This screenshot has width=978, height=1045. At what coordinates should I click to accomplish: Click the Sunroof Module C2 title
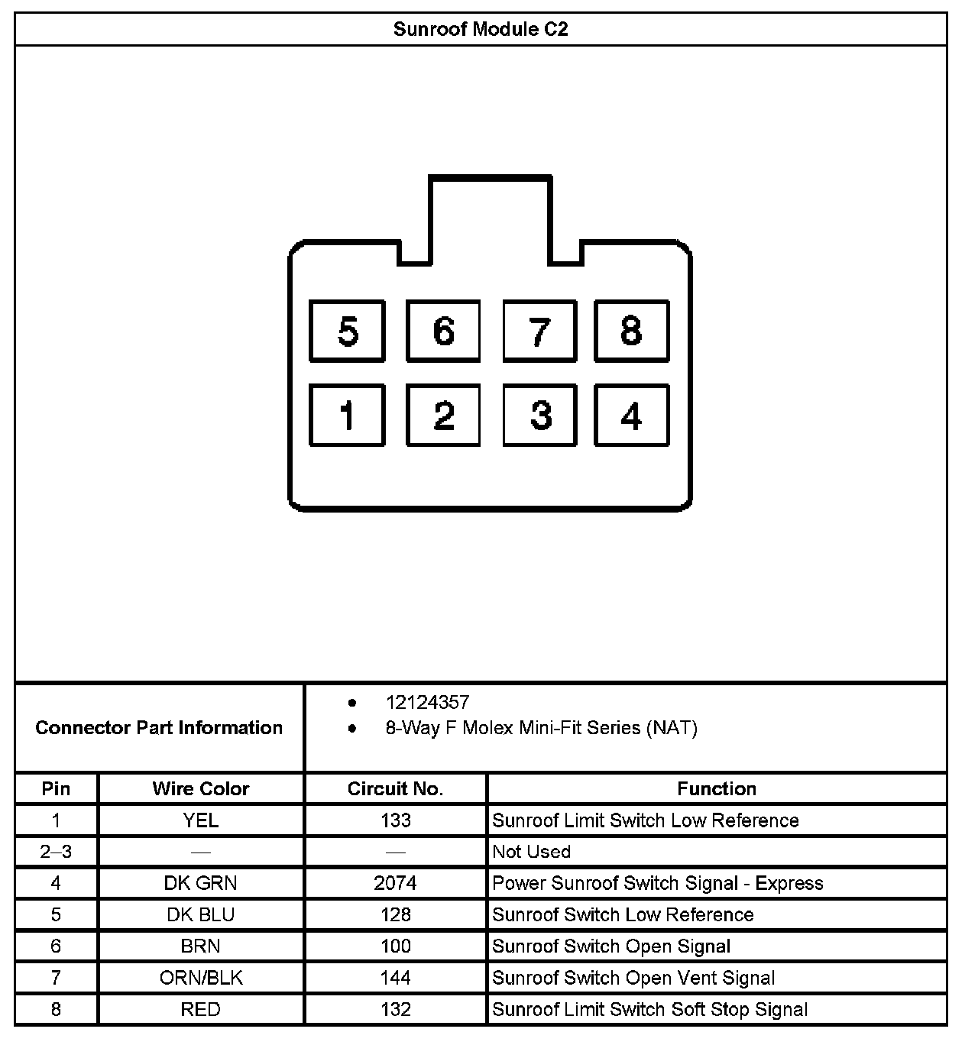(x=481, y=30)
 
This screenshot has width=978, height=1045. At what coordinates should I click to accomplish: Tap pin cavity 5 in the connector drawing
(x=347, y=331)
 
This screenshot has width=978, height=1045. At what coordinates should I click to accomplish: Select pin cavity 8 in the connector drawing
(x=631, y=331)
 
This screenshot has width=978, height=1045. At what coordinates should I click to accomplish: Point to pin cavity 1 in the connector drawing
(x=347, y=415)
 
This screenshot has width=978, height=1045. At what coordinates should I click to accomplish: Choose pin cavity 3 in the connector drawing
(x=540, y=415)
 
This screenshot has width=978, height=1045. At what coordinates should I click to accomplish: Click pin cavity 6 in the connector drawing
(x=443, y=331)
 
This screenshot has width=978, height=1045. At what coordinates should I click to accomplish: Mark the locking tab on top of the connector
(x=490, y=218)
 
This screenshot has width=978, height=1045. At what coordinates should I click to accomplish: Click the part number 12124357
(x=427, y=703)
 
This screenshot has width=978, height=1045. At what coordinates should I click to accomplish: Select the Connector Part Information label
(x=159, y=728)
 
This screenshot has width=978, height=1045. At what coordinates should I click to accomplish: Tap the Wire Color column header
(x=201, y=789)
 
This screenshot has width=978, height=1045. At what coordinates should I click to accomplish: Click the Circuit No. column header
(x=395, y=789)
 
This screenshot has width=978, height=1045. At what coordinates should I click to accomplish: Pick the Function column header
(x=717, y=789)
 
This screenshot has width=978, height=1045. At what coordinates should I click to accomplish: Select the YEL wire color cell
(x=201, y=820)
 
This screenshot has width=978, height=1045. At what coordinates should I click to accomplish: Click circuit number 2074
(x=395, y=884)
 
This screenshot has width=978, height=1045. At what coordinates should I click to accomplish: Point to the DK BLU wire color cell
(x=201, y=915)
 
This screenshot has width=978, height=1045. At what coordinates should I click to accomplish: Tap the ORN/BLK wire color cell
(x=201, y=978)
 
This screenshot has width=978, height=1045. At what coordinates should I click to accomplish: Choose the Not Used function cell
(x=532, y=852)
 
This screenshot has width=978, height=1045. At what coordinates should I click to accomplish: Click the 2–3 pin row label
(x=56, y=852)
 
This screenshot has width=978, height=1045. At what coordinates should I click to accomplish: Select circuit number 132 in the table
(x=395, y=1010)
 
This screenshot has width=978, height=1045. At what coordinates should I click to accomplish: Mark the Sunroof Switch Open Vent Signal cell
(x=633, y=978)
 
